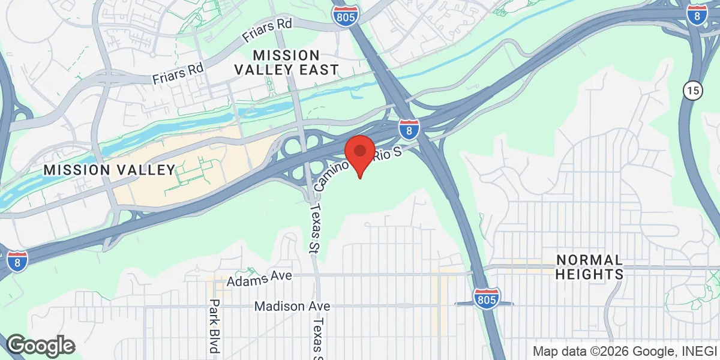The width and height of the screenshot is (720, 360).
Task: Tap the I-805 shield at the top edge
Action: click(346, 16)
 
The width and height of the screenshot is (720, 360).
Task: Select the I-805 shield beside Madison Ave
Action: click(485, 298)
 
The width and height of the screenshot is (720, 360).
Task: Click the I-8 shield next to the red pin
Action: click(409, 128)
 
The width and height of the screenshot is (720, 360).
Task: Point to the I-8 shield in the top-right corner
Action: click(696, 15)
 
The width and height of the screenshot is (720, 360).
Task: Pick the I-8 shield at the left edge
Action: click(17, 261)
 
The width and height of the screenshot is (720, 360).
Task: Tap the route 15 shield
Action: click(692, 91)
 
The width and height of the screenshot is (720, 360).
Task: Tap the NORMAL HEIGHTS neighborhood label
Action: click(589, 267)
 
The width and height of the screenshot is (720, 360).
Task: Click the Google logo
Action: click(41, 346)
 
